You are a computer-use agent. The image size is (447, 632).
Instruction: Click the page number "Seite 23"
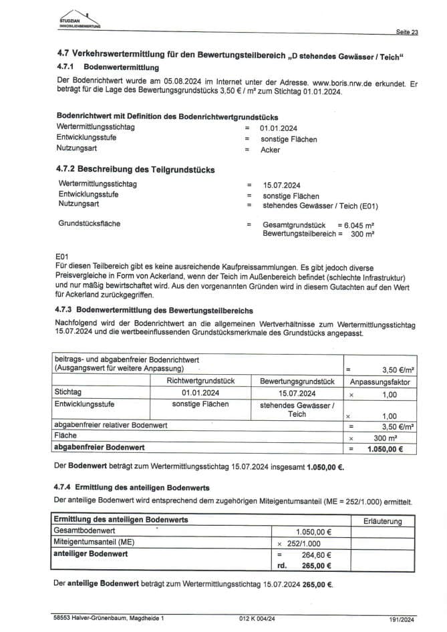407,32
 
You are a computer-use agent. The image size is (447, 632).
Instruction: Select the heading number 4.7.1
67,67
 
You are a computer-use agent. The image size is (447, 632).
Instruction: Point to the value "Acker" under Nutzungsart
271,150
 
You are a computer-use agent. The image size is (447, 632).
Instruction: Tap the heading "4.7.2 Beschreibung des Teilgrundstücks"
136,170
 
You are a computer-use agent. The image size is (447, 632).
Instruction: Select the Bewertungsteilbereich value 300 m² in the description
362,234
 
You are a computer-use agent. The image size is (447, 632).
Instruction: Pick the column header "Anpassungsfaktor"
380,382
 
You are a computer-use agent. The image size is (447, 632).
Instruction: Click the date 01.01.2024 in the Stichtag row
200,393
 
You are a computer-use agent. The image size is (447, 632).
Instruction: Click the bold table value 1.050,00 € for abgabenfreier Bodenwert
385,449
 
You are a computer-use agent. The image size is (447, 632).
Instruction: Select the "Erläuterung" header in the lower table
382,520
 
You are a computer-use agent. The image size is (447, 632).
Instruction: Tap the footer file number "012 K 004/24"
257,619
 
